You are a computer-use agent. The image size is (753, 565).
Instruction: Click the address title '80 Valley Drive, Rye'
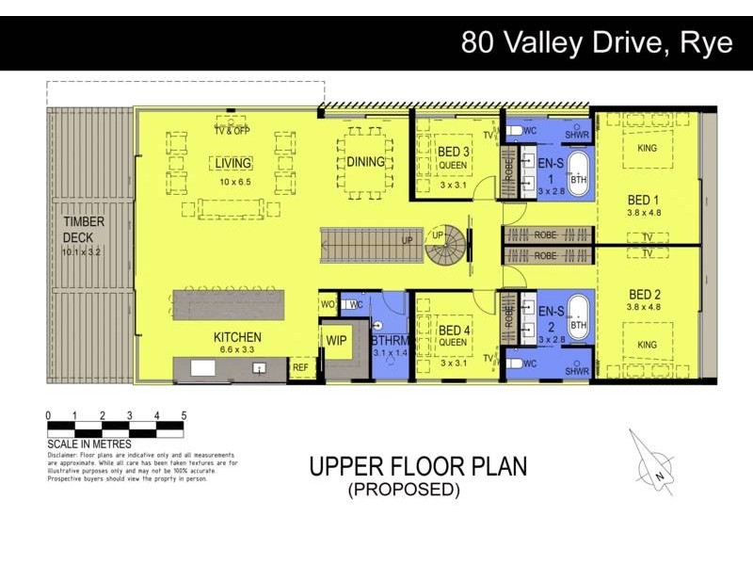[596, 43]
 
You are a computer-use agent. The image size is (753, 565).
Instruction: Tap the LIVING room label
[232, 163]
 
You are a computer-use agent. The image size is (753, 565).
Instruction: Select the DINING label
[365, 161]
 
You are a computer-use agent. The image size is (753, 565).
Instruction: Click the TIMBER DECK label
[84, 229]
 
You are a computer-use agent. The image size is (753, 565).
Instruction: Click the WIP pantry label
[336, 339]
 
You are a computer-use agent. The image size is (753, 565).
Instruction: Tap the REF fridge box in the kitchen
[300, 368]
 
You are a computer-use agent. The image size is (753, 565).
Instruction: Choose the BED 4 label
[454, 330]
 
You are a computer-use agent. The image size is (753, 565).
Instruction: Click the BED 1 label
[645, 200]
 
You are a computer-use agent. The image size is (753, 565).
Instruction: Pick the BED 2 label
[645, 294]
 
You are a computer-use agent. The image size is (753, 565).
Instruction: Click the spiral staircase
[446, 245]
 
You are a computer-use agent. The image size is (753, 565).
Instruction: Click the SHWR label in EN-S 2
[576, 372]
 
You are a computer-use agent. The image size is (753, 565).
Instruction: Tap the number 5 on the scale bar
[184, 415]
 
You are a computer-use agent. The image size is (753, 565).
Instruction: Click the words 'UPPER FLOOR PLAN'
[418, 467]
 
